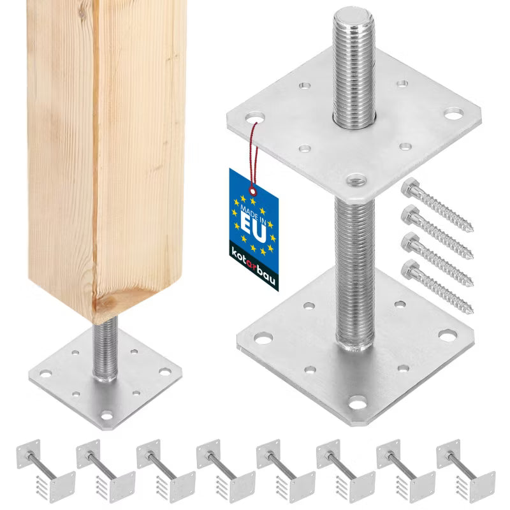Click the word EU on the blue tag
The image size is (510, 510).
253,228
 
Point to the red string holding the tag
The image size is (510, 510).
254,156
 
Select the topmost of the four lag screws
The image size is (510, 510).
437,205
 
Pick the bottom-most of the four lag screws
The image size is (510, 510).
437,286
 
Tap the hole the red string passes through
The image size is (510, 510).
255,118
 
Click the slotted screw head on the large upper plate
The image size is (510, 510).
356,178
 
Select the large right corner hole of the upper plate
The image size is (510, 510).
454,113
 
